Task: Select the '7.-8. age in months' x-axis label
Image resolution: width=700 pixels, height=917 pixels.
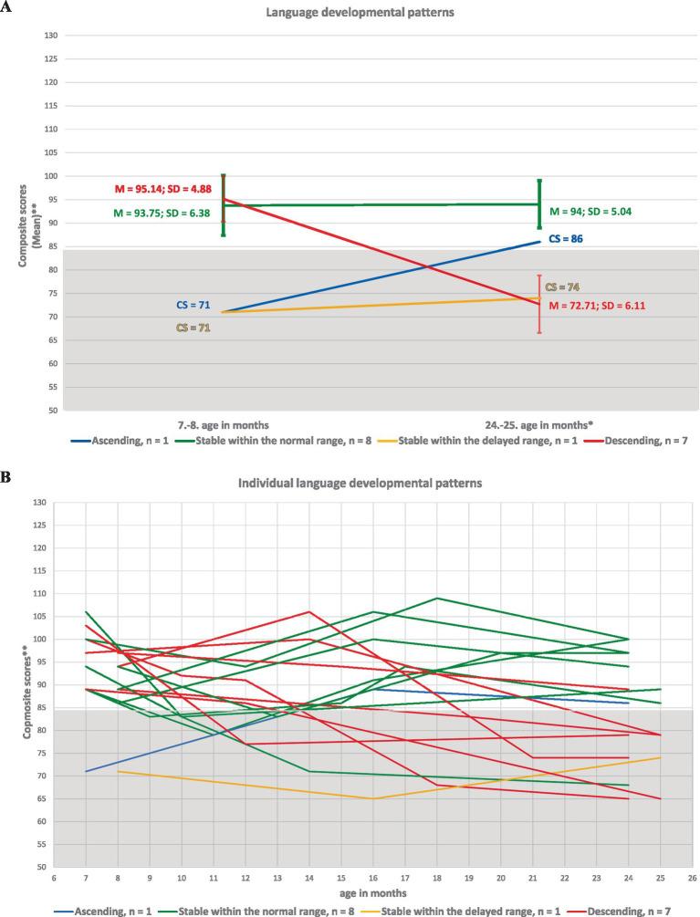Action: click(x=224, y=424)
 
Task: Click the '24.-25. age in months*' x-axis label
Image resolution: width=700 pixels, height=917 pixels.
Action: click(x=540, y=424)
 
